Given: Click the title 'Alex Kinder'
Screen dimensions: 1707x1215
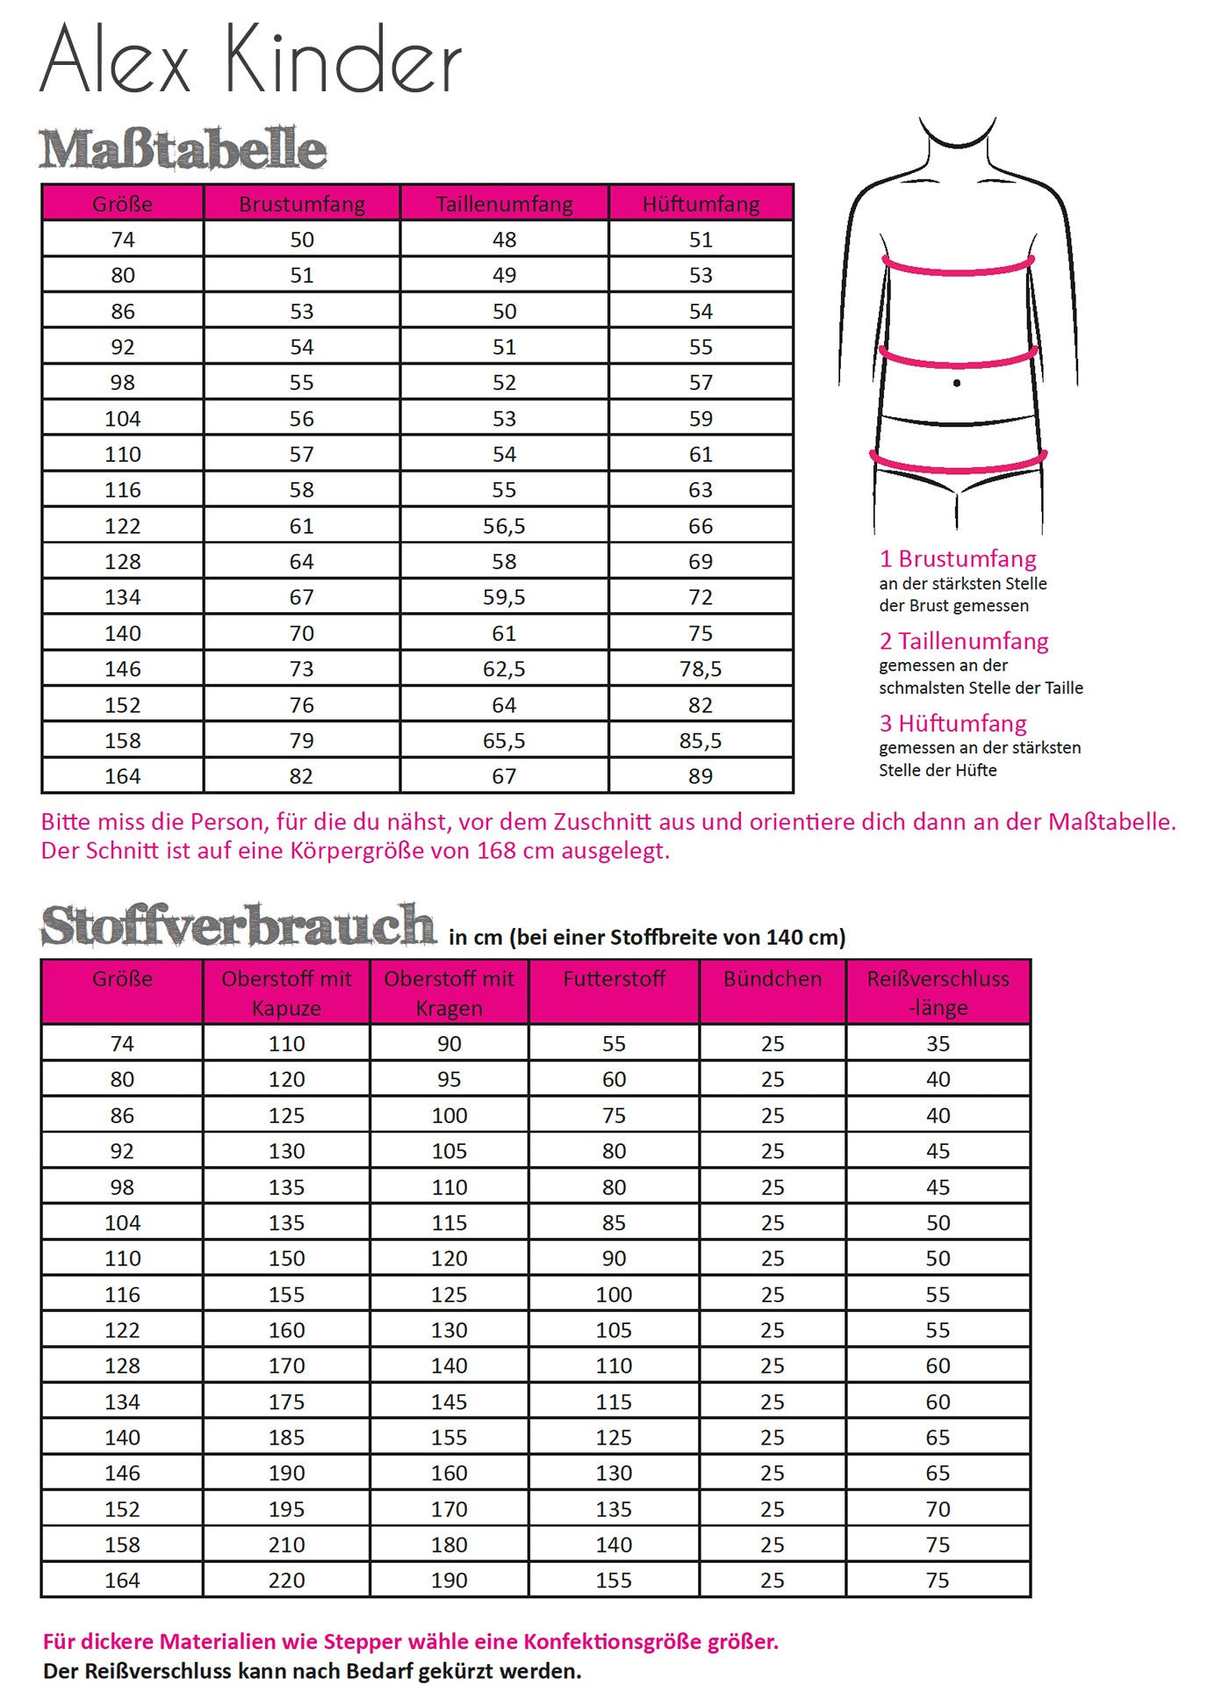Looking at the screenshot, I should (250, 60).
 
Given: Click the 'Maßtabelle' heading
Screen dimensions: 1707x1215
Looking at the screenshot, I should (183, 149).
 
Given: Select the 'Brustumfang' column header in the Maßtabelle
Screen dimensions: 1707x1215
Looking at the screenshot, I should (302, 204).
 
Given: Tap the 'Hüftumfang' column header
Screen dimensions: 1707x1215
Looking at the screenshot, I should (701, 204).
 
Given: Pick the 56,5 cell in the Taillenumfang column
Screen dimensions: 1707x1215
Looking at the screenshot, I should (504, 526).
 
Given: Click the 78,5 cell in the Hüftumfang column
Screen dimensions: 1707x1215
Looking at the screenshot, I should (701, 669).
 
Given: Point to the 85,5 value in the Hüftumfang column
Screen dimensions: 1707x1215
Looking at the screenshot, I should (701, 740).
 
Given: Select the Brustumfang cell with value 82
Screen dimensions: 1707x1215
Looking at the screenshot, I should (302, 776).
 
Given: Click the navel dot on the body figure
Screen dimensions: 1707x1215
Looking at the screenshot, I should (956, 383).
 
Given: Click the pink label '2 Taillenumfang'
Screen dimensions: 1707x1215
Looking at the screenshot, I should (964, 641).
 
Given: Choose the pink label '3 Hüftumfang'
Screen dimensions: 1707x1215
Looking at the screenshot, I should (953, 724).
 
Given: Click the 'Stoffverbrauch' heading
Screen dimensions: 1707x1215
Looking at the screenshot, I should (238, 926).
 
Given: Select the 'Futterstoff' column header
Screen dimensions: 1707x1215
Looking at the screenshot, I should (614, 979).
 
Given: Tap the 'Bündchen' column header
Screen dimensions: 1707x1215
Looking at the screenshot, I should (773, 979).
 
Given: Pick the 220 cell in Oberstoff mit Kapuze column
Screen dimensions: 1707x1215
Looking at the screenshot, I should (286, 1581).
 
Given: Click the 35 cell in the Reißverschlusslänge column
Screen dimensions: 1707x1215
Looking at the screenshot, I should (938, 1044).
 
